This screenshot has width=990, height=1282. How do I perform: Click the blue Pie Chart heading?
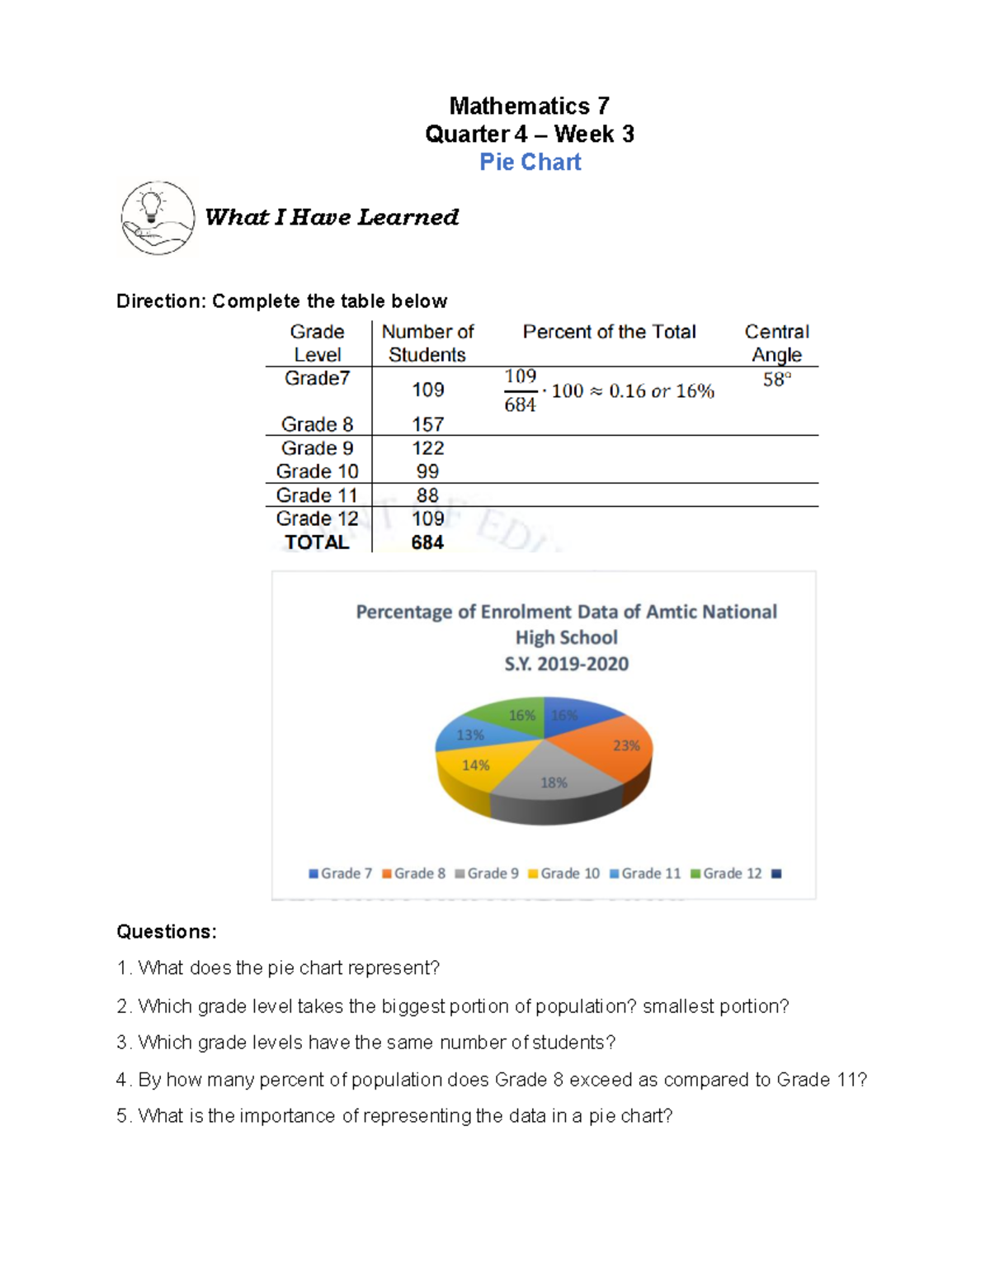530,162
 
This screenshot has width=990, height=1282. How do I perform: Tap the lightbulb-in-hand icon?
158,218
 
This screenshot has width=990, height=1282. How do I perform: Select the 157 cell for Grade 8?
427,424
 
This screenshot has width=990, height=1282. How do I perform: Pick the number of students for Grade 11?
427,495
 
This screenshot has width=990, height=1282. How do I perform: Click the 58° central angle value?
776,380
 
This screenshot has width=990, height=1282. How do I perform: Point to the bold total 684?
427,542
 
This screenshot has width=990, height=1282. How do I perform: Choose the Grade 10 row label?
317,471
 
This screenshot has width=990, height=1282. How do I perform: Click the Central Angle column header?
776,343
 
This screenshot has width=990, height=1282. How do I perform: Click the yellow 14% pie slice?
474,768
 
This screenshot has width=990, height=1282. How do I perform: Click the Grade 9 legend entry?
487,873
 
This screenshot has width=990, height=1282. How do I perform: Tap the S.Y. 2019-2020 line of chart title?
566,664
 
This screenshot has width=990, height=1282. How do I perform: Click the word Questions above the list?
166,932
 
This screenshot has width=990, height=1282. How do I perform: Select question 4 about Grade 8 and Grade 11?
492,1080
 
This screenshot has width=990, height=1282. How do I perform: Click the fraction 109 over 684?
520,390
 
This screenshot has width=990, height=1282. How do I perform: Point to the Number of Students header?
427,343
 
